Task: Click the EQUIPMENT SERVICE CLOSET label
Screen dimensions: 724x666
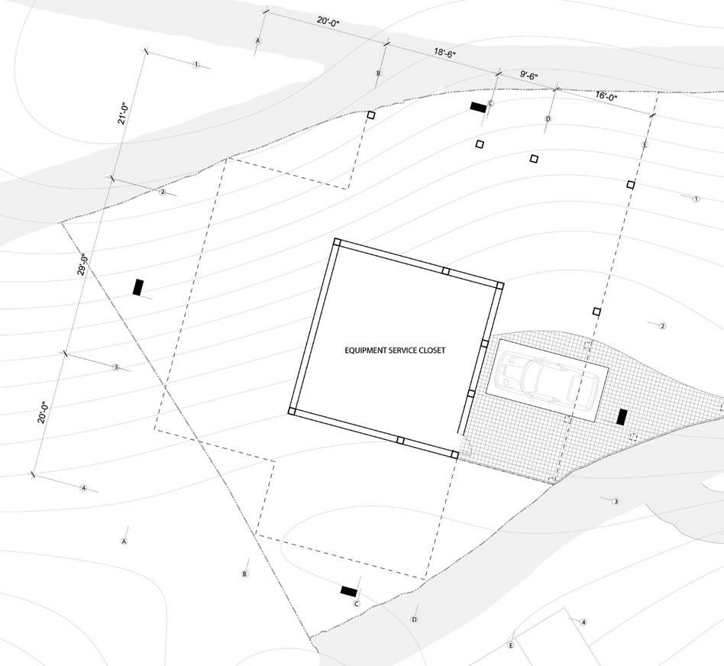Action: pos(394,351)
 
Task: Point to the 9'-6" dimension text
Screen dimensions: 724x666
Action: pos(529,76)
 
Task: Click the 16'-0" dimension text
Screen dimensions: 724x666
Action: pos(606,96)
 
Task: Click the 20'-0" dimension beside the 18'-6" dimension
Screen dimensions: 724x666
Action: pos(328,22)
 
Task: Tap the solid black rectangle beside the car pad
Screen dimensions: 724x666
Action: pos(622,417)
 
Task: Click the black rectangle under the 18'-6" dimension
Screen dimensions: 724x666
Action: pos(479,108)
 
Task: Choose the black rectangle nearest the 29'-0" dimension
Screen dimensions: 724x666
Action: pos(138,287)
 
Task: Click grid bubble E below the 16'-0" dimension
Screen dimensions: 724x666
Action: pos(645,144)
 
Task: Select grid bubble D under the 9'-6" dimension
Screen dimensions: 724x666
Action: pos(548,119)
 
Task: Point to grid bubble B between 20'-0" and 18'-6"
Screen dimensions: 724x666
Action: pos(378,73)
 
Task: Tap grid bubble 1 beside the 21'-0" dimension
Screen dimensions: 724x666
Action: pos(196,65)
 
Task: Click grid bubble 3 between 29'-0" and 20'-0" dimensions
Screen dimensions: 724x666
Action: pos(116,367)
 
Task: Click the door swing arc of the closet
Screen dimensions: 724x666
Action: pos(462,444)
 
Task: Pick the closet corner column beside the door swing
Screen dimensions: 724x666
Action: pos(454,454)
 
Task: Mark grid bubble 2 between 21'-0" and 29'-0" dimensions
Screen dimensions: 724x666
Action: pos(162,192)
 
